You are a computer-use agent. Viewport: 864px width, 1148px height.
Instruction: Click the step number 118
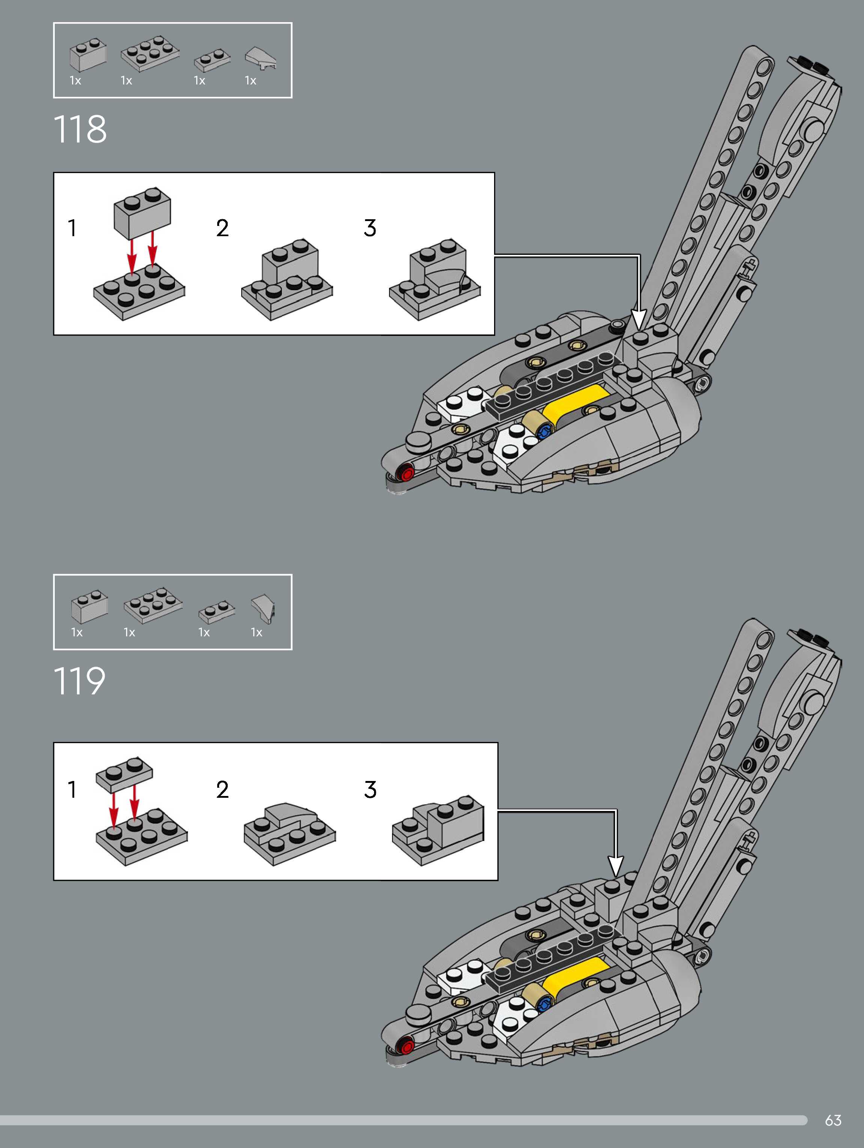click(x=80, y=129)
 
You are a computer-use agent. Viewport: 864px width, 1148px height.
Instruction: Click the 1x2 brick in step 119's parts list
click(x=89, y=606)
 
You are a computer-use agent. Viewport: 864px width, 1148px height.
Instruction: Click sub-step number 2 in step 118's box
click(x=222, y=228)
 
